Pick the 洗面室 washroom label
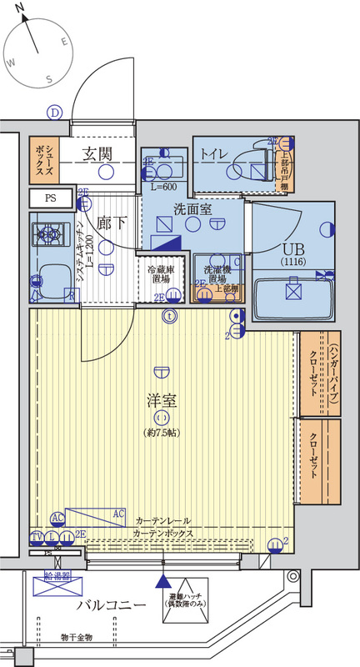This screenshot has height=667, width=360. (x=192, y=209)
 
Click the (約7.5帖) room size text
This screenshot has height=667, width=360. (x=161, y=434)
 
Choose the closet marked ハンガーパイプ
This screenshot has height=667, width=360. (x=319, y=374)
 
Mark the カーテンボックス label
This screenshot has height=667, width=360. (x=163, y=532)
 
